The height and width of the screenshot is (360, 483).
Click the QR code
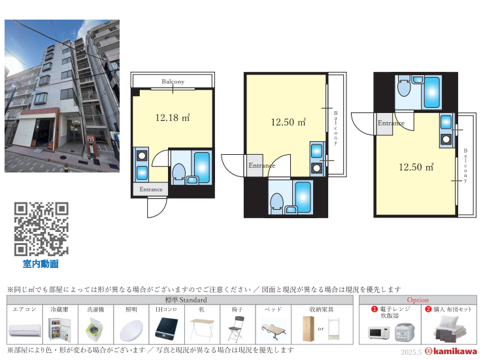[41, 229]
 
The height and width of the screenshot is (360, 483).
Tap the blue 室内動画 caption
[41, 264]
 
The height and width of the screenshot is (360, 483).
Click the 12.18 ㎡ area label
[172, 118]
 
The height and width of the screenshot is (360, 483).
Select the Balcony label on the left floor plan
[173, 82]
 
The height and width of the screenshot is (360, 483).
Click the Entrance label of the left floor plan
[150, 189]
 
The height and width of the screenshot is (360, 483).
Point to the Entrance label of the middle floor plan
[261, 165]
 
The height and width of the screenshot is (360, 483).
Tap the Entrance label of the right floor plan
[391, 123]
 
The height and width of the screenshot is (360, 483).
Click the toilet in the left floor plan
[178, 173]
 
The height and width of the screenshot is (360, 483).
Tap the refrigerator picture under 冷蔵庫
[61, 329]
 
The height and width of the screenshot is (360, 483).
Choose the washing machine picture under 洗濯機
[97, 329]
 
